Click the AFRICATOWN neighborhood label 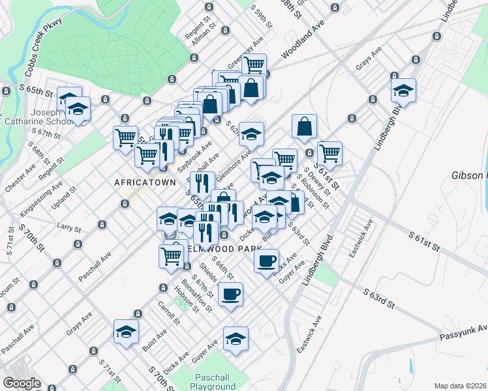(x=145, y=182)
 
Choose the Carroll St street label (x=168, y=313)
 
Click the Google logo (x=22, y=384)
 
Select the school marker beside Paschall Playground (x=236, y=338)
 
